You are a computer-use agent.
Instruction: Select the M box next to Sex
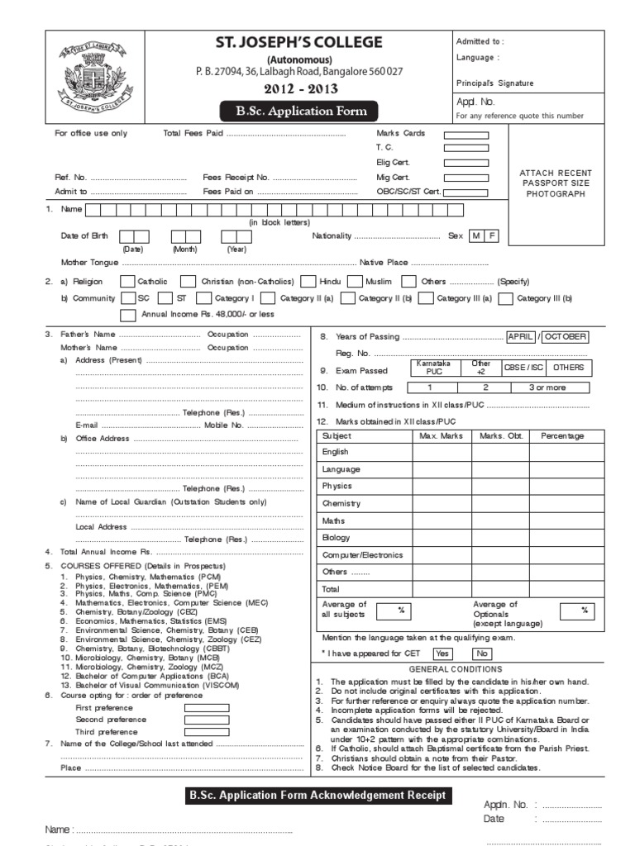coord(476,236)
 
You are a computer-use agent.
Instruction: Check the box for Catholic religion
coord(127,282)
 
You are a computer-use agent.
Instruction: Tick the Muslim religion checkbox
coord(355,282)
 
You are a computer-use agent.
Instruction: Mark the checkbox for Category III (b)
coord(505,298)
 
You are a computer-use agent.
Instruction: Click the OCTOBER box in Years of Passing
coord(566,337)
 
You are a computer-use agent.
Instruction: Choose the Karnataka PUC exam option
coord(434,368)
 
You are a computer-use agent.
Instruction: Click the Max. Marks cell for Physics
coord(441,487)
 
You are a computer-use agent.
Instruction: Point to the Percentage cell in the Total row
coord(561,590)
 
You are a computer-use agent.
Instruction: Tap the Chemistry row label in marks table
coord(341,504)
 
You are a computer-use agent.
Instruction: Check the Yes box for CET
coord(442,654)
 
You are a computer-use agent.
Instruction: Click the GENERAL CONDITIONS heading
coord(456,669)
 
